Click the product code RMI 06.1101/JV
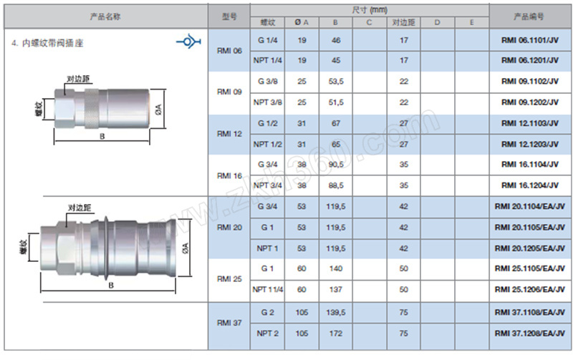[x=529, y=40]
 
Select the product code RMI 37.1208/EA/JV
[x=529, y=334]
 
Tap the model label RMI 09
[x=229, y=92]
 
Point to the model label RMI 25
[x=229, y=279]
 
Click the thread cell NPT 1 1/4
[x=267, y=290]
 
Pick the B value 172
[x=335, y=334]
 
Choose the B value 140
[x=335, y=268]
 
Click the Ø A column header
[x=302, y=22]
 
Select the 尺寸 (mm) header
[x=370, y=10]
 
